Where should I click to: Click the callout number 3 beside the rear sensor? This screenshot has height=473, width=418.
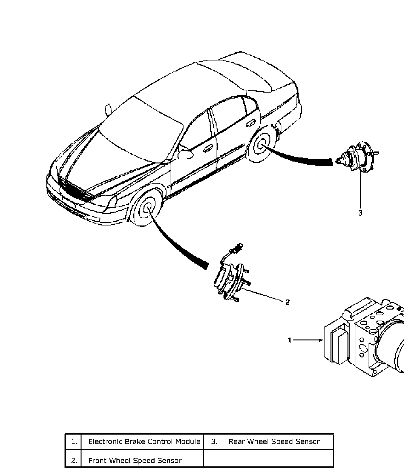click(x=360, y=213)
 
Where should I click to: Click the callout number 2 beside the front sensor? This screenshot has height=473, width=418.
click(x=287, y=302)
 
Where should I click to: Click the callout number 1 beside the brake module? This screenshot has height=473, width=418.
click(x=290, y=340)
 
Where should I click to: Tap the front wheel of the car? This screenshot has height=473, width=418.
click(x=147, y=208)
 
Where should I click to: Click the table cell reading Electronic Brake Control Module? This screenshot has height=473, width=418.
click(x=144, y=442)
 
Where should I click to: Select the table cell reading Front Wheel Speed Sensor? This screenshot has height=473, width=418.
click(x=135, y=461)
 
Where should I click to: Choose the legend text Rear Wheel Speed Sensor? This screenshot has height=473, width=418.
click(x=274, y=442)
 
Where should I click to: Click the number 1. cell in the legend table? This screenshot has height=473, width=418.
click(x=74, y=442)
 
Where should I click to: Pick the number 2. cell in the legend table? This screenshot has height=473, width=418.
click(x=74, y=461)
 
